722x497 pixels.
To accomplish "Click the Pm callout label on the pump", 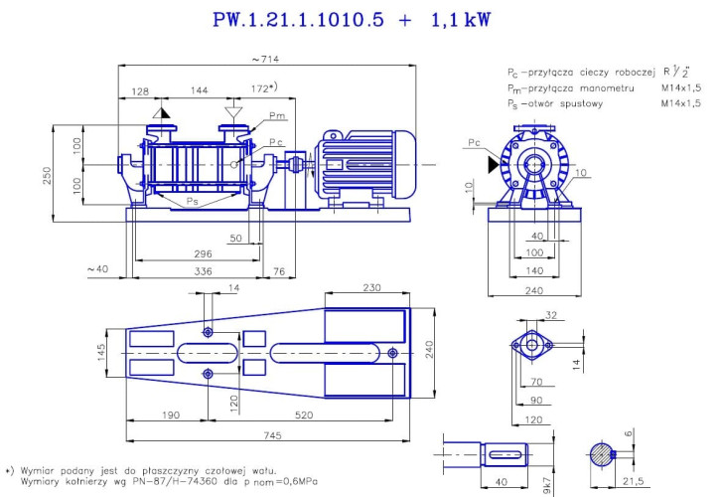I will pos(276,116).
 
